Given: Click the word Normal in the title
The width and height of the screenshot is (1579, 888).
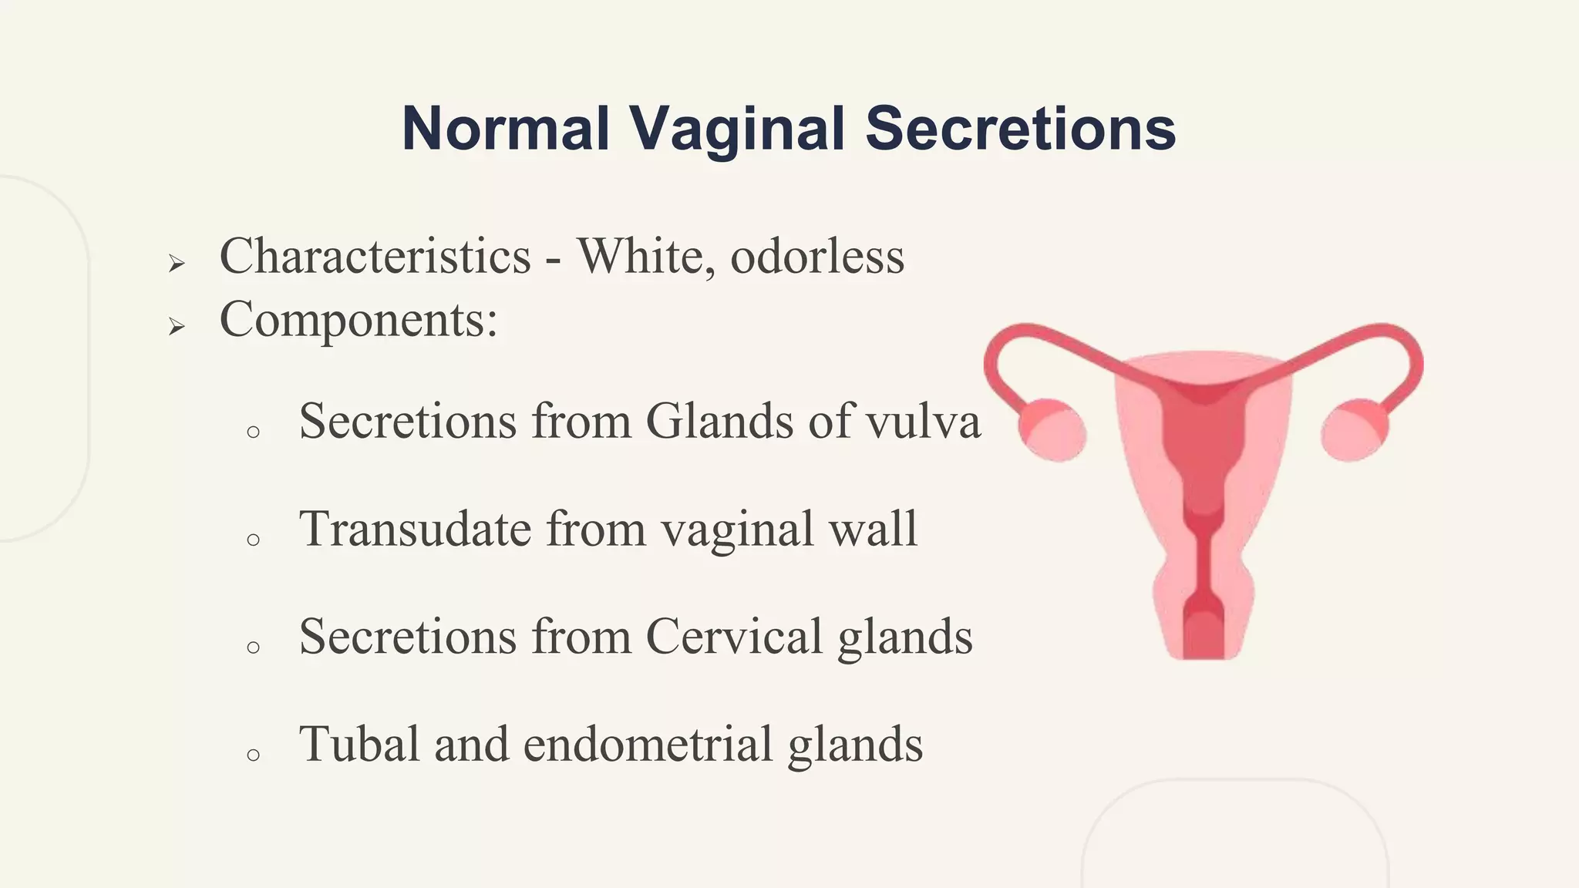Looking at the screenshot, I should pos(506,128).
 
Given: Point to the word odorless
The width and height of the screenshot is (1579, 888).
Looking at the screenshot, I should pos(817,256).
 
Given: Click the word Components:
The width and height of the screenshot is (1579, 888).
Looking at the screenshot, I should pos(359,319).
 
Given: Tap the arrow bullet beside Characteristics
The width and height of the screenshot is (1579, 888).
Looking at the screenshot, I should pos(177,264).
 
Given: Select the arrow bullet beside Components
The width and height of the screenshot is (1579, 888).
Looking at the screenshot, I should pos(177,327).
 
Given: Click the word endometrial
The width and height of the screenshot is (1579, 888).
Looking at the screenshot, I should pos(648,745).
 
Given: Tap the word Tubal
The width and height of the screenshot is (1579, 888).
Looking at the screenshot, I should pos(359,745).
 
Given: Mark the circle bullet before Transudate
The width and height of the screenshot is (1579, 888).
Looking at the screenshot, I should pos(253,540).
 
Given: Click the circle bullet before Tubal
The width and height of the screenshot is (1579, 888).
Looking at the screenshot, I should pos(253,755).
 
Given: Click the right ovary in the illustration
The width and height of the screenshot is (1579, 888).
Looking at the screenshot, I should pos(1355,430).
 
